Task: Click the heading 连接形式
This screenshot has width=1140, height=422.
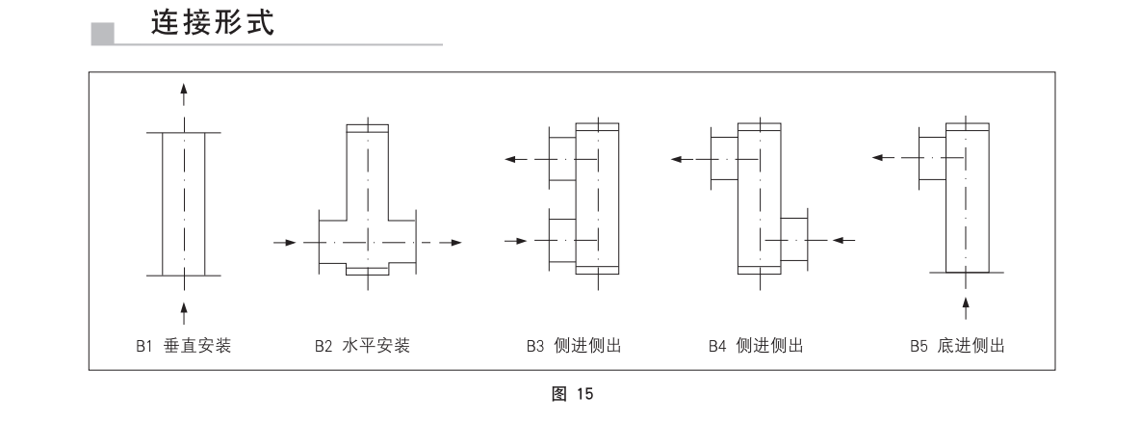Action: (x=213, y=22)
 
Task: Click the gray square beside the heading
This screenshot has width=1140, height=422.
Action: (x=103, y=33)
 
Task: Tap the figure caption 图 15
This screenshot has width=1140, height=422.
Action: (x=573, y=394)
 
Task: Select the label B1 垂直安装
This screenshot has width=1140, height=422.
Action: (x=183, y=346)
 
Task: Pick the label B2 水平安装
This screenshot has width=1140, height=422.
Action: (x=362, y=346)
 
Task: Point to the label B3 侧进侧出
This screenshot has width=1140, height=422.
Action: (x=575, y=346)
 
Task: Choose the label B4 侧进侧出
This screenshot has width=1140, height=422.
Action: (x=756, y=346)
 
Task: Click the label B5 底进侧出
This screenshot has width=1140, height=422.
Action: (x=957, y=346)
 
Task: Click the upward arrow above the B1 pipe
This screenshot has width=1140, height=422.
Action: (x=184, y=96)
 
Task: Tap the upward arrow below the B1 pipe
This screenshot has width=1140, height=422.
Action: (x=184, y=312)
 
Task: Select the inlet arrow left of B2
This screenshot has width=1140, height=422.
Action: (x=285, y=242)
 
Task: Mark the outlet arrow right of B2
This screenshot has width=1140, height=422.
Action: (x=450, y=242)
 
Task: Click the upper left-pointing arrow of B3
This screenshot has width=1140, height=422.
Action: (x=516, y=159)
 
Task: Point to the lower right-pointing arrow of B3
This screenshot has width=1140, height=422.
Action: (x=516, y=241)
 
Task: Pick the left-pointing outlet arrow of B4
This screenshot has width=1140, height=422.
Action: (x=682, y=159)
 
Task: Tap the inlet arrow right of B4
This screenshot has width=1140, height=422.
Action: (x=843, y=240)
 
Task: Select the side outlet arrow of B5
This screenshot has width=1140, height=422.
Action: (x=883, y=157)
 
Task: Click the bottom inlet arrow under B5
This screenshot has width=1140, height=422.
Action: (x=966, y=308)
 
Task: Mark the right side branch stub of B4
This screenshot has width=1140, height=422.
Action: (x=794, y=239)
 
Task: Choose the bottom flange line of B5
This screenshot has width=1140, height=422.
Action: (x=967, y=272)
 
